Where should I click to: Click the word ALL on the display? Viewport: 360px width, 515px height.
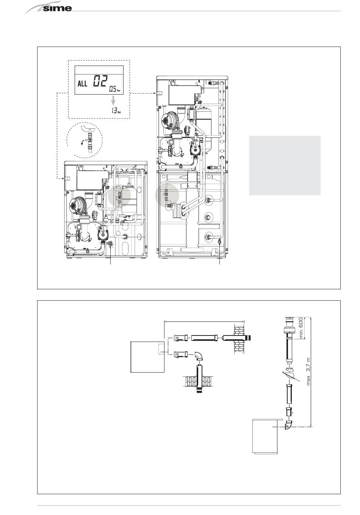point(82,83)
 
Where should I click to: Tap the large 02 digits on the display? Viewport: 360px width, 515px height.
point(100,81)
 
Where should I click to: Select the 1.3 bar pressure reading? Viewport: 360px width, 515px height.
point(116,111)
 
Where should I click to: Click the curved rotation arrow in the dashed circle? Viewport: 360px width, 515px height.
point(83,143)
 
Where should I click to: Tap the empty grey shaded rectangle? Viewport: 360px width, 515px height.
point(285,165)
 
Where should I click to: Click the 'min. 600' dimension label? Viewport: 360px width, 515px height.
point(301,328)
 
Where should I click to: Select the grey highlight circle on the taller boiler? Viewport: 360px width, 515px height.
point(167,195)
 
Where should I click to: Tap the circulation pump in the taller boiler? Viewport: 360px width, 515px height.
point(195,148)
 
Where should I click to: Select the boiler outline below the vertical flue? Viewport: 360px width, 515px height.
point(265,436)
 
